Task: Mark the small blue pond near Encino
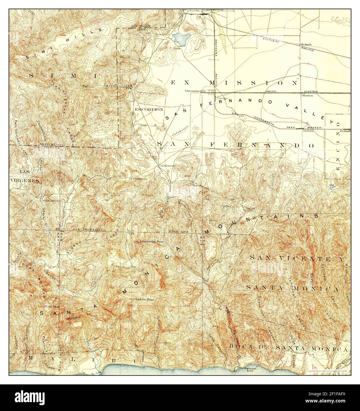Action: click(332, 187)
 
